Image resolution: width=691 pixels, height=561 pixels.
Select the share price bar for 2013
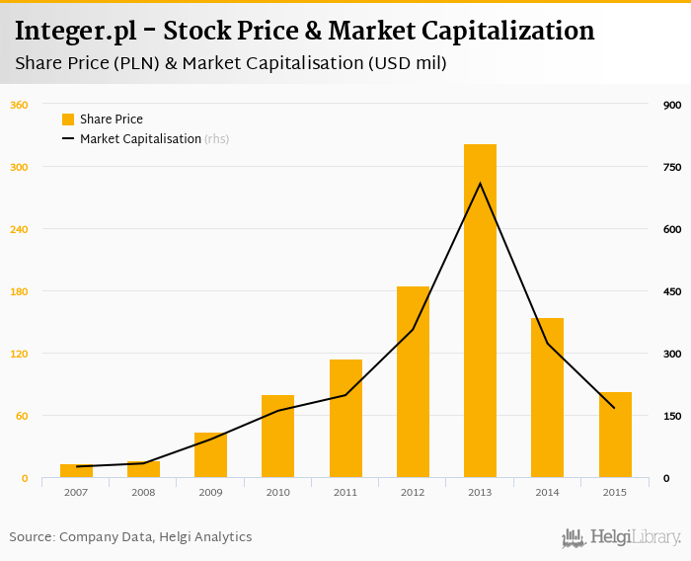[480, 311]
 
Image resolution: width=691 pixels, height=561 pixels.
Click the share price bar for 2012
[413, 382]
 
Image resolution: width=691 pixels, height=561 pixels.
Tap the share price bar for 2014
[547, 398]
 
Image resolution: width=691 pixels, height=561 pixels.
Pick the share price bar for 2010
[277, 437]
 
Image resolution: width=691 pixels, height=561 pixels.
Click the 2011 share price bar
[345, 419]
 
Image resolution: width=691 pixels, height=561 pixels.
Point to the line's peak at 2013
[480, 183]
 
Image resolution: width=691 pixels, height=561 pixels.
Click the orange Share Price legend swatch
[68, 120]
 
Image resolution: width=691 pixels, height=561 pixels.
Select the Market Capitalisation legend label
[140, 139]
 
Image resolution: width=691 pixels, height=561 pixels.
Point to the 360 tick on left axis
[19, 105]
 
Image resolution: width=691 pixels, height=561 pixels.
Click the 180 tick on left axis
[19, 291]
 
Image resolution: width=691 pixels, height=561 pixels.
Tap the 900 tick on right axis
[672, 105]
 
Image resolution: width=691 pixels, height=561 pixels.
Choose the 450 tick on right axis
[672, 291]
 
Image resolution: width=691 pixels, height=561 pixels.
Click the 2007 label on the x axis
[76, 492]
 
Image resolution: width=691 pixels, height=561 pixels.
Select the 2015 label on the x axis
[615, 492]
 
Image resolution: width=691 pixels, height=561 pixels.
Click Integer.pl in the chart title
[67, 32]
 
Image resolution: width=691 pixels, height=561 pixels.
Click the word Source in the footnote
[32, 537]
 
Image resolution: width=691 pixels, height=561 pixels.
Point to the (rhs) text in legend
[217, 139]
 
